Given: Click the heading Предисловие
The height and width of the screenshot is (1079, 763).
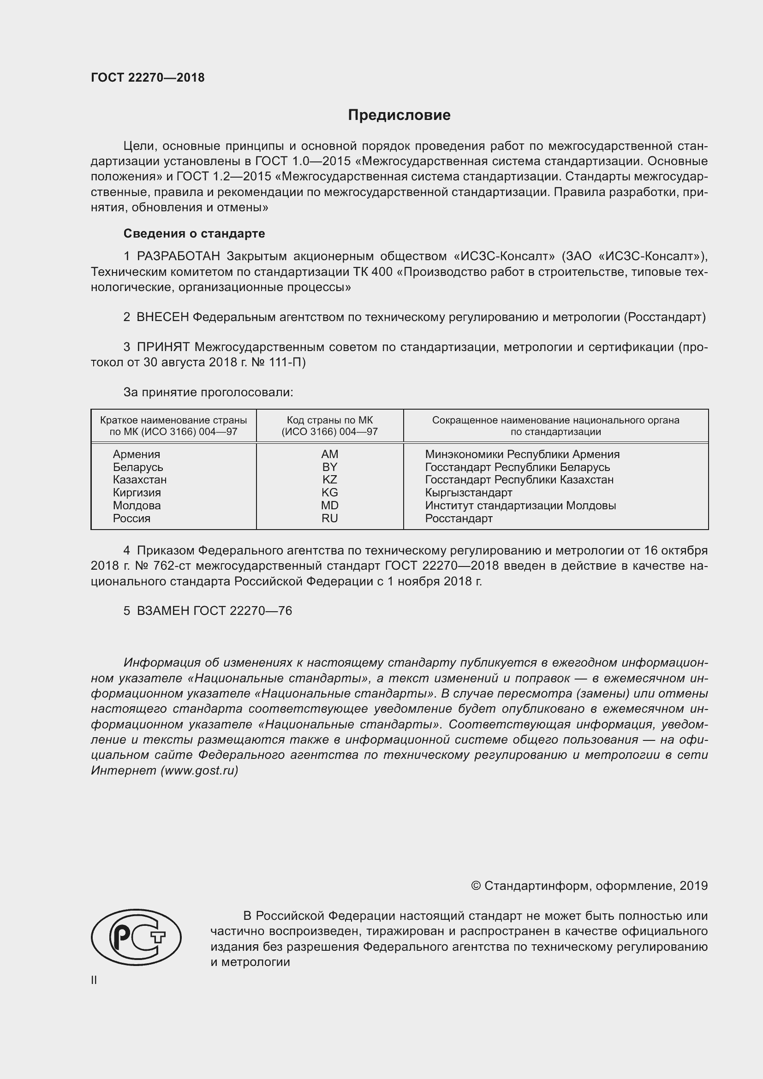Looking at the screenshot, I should (399, 115).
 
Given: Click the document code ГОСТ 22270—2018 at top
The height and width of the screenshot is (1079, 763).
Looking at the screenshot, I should (148, 77).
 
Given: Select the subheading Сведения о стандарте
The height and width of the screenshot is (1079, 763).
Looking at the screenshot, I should (194, 233).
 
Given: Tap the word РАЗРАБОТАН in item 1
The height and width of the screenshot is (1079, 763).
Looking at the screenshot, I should (179, 256).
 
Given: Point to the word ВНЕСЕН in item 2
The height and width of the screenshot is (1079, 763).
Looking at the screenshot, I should (162, 317).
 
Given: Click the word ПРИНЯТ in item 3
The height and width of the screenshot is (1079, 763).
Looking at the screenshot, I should (163, 347).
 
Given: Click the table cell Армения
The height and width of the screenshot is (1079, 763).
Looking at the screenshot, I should (136, 454).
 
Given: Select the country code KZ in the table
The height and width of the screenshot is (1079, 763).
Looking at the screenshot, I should (329, 480).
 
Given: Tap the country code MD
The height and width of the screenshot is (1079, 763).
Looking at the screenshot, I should (329, 506).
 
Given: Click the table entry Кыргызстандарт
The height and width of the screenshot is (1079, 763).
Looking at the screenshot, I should (468, 493).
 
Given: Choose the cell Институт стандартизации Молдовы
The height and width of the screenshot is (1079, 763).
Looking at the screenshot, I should (520, 506).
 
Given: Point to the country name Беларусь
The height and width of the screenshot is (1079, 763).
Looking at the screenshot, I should (137, 467).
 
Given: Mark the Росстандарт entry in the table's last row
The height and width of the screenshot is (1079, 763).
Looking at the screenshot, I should (459, 519).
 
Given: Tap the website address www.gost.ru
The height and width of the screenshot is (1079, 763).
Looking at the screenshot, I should (199, 771).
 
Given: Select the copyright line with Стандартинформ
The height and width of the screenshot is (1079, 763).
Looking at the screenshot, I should (589, 886).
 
